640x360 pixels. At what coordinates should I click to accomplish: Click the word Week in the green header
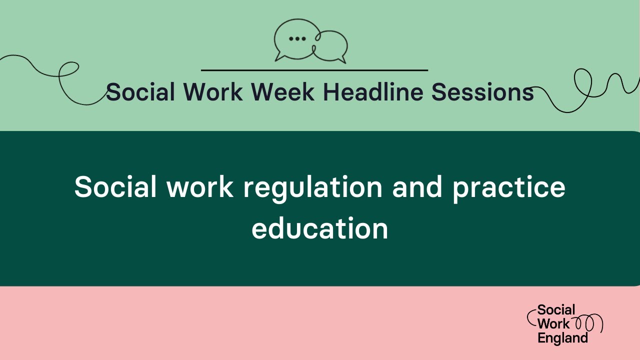click(x=283, y=92)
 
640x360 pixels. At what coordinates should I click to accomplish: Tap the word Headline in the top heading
click(x=372, y=92)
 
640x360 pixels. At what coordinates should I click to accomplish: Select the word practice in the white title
click(x=508, y=187)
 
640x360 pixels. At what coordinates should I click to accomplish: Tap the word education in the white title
click(x=320, y=229)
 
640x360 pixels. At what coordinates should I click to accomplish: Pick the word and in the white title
click(x=417, y=187)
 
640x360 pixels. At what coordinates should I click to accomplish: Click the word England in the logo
click(x=562, y=338)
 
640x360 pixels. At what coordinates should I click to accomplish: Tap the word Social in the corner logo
click(x=556, y=310)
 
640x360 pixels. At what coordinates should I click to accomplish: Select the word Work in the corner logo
click(x=553, y=324)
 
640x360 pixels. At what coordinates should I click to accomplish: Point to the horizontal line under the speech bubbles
click(x=314, y=70)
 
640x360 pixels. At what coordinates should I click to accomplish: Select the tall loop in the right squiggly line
click(x=582, y=82)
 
